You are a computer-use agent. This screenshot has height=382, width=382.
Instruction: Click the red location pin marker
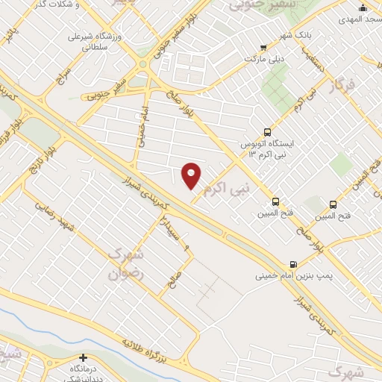pos(192,176)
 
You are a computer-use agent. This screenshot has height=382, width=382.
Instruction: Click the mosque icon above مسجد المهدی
pos(363,7)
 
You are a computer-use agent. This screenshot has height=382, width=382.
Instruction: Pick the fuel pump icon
pos(292,263)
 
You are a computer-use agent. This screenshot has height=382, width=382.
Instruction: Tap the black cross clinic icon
pos(84,357)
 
